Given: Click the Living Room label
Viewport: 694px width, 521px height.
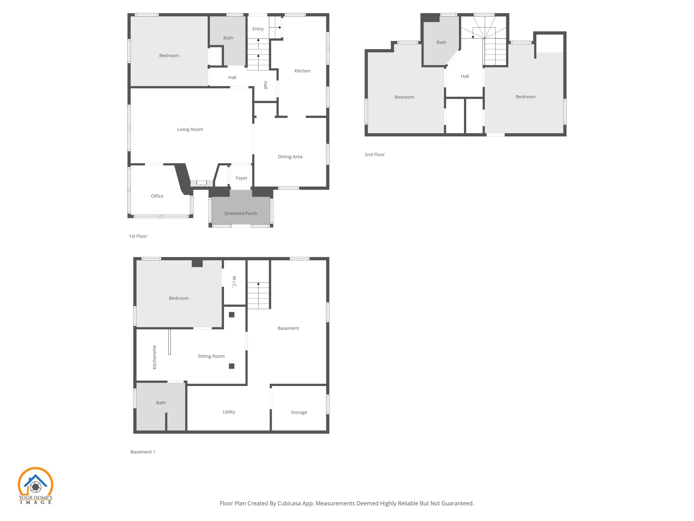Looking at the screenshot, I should tap(190, 129).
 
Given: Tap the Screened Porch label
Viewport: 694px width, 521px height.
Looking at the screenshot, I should tap(241, 213).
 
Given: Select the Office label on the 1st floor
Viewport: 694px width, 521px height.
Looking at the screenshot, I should tap(157, 196).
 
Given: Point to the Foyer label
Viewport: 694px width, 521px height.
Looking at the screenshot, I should tap(241, 178).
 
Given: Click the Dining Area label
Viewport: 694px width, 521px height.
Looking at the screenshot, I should tap(290, 157).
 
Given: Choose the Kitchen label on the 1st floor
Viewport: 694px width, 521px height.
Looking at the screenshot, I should tap(302, 71).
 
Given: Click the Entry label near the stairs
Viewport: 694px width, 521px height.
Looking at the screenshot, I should tap(258, 29).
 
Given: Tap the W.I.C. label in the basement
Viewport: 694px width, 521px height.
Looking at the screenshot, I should tap(234, 282).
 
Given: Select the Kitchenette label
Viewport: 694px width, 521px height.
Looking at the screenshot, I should tap(155, 357).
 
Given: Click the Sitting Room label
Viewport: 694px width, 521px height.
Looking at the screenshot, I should tap(211, 356).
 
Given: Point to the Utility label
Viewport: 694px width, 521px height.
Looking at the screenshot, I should tap(229, 412).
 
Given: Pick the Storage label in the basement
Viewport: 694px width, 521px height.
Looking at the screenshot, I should tap(299, 412).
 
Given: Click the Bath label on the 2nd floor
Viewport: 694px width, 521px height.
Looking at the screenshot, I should tap(441, 42).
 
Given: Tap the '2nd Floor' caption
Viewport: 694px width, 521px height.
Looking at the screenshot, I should tap(374, 155).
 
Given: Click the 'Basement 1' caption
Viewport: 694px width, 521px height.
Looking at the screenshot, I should tap(143, 452).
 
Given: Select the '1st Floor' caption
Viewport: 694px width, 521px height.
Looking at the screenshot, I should tap(138, 236).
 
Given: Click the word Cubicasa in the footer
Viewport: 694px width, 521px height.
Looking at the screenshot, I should tap(290, 503).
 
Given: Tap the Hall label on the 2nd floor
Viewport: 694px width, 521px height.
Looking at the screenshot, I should tap(465, 76).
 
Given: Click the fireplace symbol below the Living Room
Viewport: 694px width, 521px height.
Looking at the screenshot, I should tap(202, 183).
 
